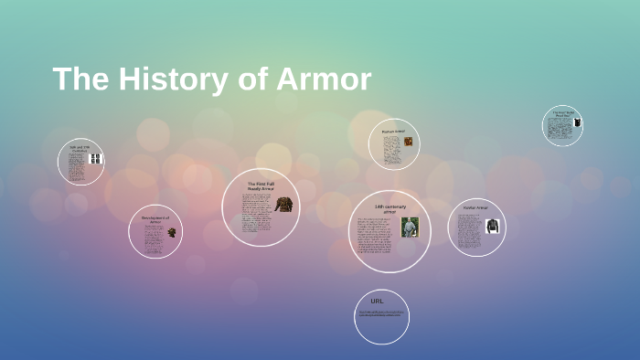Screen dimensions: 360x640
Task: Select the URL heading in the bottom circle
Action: (x=377, y=301)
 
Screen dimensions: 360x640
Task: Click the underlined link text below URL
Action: (x=380, y=313)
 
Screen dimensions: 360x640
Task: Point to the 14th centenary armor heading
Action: (x=390, y=209)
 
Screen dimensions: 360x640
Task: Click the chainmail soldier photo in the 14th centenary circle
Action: (x=410, y=228)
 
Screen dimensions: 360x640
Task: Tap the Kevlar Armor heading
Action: (x=475, y=208)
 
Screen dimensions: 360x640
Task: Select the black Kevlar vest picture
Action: (x=493, y=226)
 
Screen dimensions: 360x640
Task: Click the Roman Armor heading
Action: (x=392, y=132)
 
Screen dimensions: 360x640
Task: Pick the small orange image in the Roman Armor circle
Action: (x=408, y=142)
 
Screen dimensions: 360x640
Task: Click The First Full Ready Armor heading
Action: (x=261, y=186)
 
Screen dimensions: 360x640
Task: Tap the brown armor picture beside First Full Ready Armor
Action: (x=285, y=206)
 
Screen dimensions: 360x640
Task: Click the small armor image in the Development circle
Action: (x=171, y=234)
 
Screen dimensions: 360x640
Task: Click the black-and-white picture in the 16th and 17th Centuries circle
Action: (x=95, y=158)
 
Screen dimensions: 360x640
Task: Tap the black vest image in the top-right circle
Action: (x=577, y=122)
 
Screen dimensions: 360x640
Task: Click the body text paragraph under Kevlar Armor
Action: (x=470, y=233)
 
